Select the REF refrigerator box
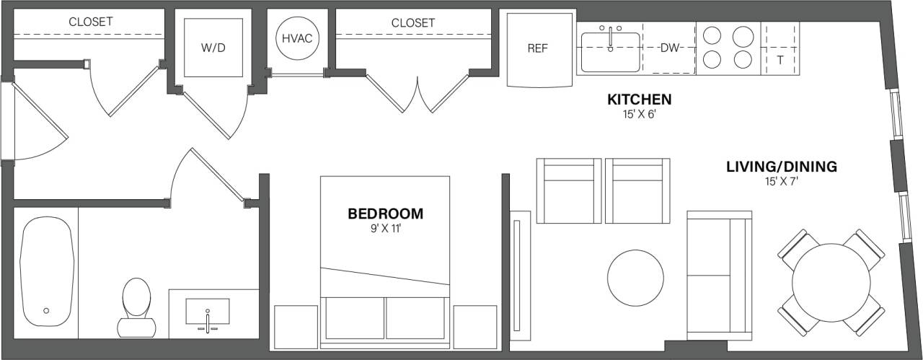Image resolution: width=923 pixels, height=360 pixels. [537, 49]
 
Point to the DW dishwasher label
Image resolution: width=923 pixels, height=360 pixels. [671, 48]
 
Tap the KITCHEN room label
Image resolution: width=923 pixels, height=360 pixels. [639, 100]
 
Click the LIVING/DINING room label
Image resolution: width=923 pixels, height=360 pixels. [782, 167]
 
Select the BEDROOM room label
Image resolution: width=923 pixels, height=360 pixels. [385, 214]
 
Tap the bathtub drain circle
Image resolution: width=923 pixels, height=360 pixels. [46, 310]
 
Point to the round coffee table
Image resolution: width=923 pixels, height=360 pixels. [635, 278]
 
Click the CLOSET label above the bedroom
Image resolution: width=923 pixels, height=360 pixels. [413, 23]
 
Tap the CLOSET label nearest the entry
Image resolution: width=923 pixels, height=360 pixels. [90, 22]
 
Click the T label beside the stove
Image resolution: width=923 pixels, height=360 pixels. [780, 61]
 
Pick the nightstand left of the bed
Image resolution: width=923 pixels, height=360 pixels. [296, 328]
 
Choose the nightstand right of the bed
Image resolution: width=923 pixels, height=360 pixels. [475, 328]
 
